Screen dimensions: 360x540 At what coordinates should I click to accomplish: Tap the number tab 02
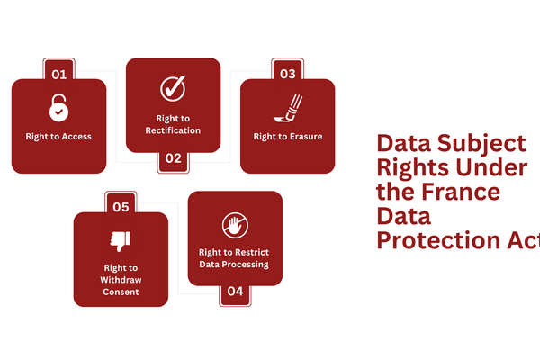click(173, 159)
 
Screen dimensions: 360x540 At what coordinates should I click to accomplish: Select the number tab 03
click(287, 72)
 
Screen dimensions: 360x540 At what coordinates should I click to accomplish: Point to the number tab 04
click(235, 291)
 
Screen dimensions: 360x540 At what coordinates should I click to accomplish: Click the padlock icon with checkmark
click(58, 109)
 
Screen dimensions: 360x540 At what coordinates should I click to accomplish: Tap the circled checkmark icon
click(173, 89)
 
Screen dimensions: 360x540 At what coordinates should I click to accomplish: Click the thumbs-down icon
click(120, 240)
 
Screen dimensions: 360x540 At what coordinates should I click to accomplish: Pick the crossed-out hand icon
click(235, 224)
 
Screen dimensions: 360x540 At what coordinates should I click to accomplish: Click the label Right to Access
click(58, 137)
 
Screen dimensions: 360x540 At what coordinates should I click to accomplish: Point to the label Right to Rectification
click(173, 124)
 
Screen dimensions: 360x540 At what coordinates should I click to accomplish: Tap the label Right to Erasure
click(287, 137)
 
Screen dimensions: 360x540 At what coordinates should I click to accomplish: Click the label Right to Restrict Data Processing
click(235, 257)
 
